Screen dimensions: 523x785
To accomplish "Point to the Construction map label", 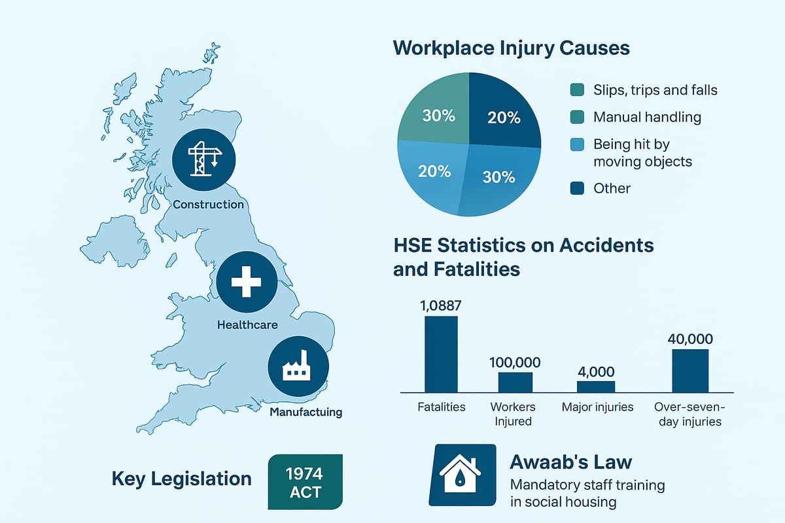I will tap(208, 205).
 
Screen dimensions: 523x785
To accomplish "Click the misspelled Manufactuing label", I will tap(305, 413).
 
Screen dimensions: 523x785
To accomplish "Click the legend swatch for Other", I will tap(576, 188).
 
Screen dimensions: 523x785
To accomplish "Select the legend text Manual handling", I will tap(647, 118).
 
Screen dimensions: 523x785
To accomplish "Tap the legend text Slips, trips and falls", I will tap(655, 90).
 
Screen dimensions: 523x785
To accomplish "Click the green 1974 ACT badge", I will tap(305, 482).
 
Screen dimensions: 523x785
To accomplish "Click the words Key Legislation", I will tap(181, 479).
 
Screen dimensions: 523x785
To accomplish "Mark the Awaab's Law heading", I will tap(570, 462).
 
